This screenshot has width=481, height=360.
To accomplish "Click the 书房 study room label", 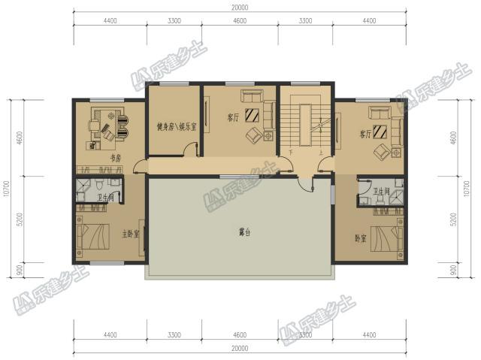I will pos(116,159).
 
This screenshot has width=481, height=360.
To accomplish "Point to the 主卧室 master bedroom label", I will pos(131,234).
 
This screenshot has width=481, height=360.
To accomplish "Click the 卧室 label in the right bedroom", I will pos(361,238).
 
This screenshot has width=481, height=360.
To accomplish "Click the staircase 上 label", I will pos(321,151).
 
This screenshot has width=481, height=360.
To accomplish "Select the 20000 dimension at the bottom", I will pos(240,348).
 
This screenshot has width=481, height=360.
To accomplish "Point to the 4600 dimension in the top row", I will pos(240,32).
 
